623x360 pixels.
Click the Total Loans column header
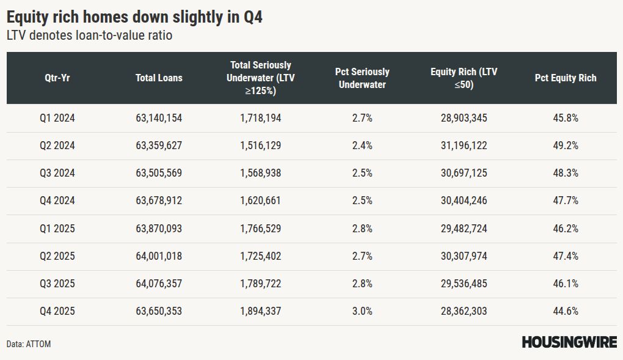tap(159, 78)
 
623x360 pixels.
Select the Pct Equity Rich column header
tap(565, 78)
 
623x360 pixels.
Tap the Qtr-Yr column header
tap(57, 78)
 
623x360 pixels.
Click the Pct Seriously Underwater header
tap(362, 78)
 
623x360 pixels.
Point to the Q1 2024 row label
tap(57, 118)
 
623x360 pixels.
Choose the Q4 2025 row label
tap(57, 311)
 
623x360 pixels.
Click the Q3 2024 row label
tap(57, 173)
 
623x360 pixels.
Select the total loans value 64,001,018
tap(159, 256)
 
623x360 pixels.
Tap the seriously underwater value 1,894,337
tap(261, 311)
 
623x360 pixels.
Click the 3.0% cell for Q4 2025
tap(362, 311)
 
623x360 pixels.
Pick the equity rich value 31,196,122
tap(464, 145)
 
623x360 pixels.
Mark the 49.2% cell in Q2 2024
tap(565, 145)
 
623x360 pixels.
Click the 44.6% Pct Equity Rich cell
tap(565, 311)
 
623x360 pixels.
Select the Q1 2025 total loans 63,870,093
tap(159, 229)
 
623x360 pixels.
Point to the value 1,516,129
tap(261, 145)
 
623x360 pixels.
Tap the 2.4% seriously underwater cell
tap(362, 145)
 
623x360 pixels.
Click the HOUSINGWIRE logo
tap(569, 342)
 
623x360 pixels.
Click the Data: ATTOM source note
tap(29, 344)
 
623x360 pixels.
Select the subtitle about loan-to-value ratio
tap(89, 35)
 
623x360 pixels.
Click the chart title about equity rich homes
tap(134, 17)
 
